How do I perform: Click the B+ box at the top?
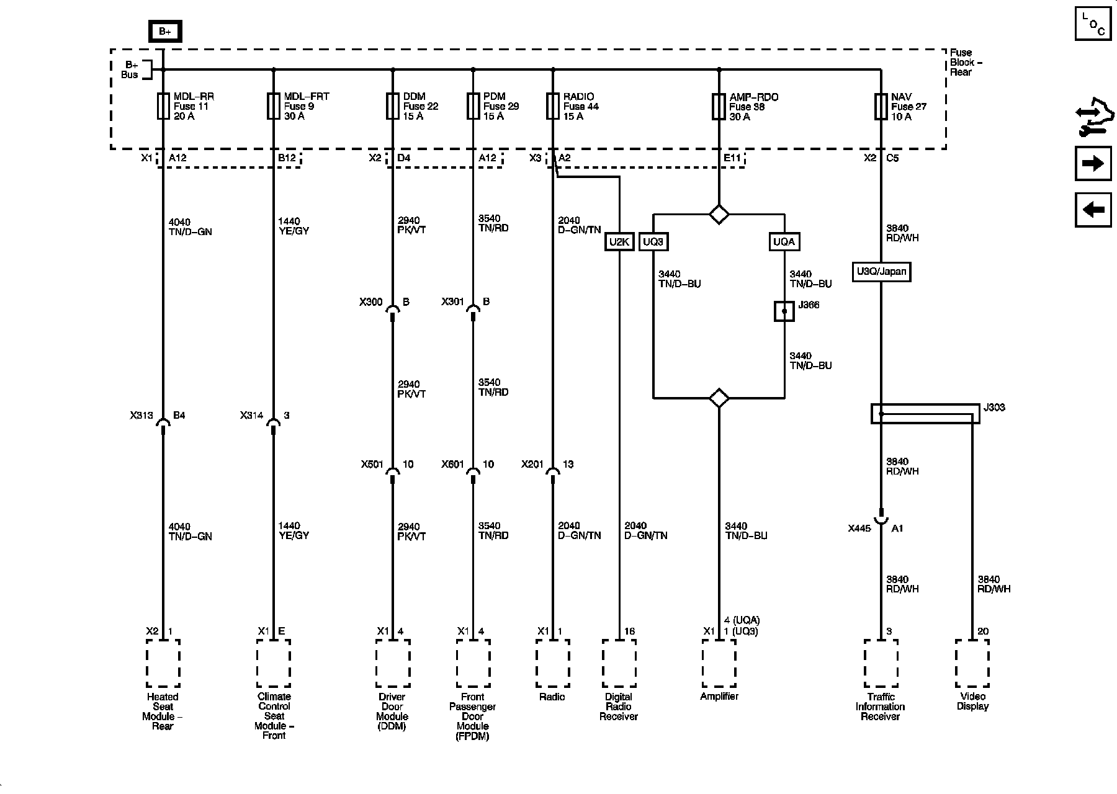pos(164,31)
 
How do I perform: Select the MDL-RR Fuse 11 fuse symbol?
pos(163,106)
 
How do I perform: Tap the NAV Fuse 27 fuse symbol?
pos(881,106)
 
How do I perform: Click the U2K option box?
pos(619,242)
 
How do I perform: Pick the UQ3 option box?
pos(653,242)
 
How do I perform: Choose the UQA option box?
pos(784,242)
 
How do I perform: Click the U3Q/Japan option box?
pos(881,272)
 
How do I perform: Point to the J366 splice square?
pos(784,311)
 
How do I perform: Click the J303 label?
pos(994,408)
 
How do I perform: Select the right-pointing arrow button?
pos(1093,164)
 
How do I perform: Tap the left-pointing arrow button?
pos(1093,210)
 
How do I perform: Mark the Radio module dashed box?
pos(552,664)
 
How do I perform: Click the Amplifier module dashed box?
pos(719,664)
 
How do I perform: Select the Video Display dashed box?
pos(972,664)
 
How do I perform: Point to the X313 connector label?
pos(141,416)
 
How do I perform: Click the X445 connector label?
pos(859,529)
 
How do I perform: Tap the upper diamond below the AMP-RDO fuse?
pos(719,215)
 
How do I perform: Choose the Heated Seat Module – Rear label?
pos(163,711)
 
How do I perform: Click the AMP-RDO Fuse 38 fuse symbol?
pos(719,106)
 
